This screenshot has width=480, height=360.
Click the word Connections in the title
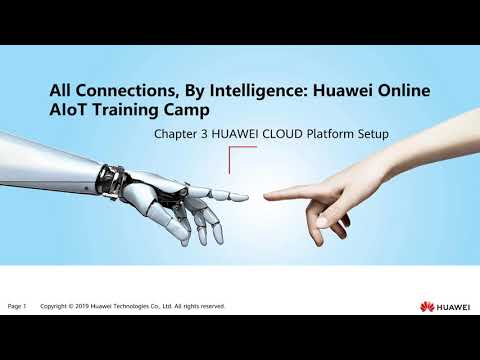[124, 91]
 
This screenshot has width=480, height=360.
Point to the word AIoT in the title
[69, 112]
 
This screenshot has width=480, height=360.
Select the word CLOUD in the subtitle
[290, 134]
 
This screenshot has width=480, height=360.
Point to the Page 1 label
[18, 305]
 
